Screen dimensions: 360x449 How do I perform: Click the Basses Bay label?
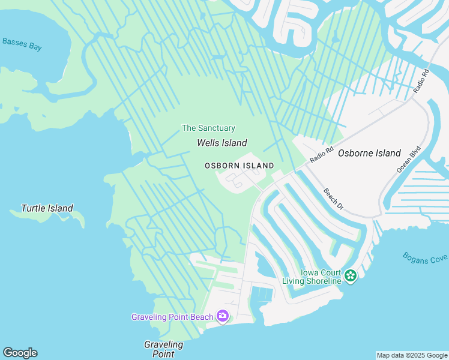click(22, 43)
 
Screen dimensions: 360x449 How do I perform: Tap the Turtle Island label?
click(47, 209)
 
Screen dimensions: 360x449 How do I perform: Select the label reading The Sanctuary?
click(208, 128)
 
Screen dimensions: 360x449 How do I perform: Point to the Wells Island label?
click(222, 143)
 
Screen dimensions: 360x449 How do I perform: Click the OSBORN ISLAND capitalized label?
click(239, 166)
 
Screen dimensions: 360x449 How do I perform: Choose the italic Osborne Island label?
click(369, 153)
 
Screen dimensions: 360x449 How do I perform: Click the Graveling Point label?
click(163, 349)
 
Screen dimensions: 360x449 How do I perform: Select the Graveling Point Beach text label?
click(172, 317)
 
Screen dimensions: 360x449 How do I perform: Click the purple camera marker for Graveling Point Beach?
click(223, 316)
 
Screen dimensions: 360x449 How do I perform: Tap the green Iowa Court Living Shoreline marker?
click(351, 276)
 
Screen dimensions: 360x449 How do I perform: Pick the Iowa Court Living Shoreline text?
click(313, 276)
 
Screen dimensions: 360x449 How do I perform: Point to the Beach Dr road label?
click(333, 200)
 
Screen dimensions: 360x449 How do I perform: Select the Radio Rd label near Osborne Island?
click(321, 155)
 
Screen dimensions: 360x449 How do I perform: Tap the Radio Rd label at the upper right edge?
click(422, 81)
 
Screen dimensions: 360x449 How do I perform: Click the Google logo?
click(20, 353)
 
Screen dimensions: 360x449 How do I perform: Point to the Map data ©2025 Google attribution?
click(412, 355)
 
